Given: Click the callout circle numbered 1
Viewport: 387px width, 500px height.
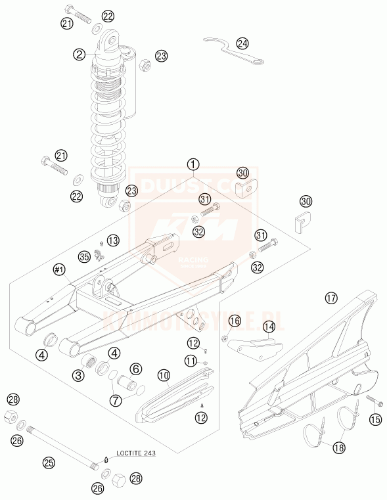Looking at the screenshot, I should pyautogui.click(x=193, y=164).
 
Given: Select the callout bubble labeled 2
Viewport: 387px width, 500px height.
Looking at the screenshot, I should pyautogui.click(x=80, y=55).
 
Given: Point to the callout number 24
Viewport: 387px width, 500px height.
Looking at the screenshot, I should pyautogui.click(x=243, y=43).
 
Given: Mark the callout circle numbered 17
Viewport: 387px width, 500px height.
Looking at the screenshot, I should pyautogui.click(x=330, y=298).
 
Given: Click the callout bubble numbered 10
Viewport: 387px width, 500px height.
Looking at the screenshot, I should pyautogui.click(x=163, y=375).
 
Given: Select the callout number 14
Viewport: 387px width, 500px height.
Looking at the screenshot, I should pyautogui.click(x=269, y=326).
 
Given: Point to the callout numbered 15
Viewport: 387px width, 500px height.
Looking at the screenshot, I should pyautogui.click(x=375, y=419).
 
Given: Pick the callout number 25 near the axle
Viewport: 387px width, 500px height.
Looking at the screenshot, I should pyautogui.click(x=48, y=463).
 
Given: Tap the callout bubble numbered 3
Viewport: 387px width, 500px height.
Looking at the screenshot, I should pyautogui.click(x=78, y=375).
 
